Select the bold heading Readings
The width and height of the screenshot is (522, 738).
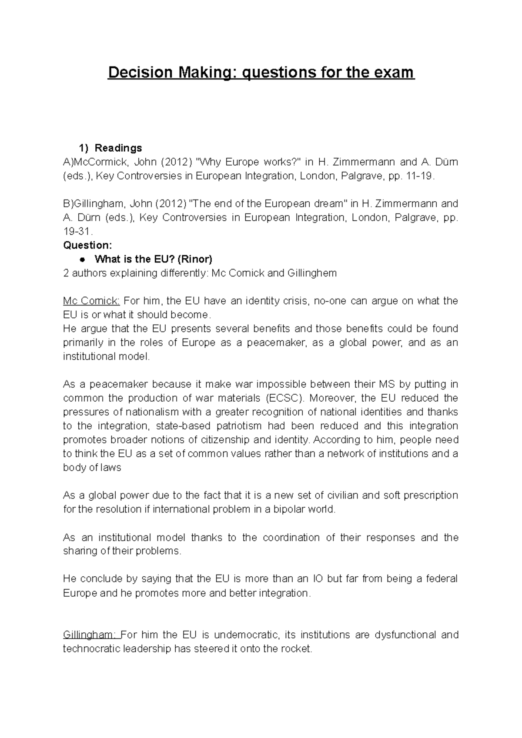(x=118, y=148)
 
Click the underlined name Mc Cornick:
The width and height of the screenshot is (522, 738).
(x=91, y=301)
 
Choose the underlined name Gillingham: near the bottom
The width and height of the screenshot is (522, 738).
(x=92, y=635)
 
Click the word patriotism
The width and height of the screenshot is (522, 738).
(x=237, y=426)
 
